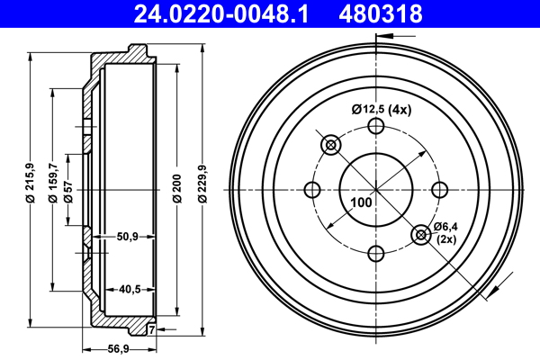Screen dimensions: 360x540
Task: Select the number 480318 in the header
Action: (378, 13)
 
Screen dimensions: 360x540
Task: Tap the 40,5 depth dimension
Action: (127, 289)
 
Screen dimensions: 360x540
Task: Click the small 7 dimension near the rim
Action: (151, 330)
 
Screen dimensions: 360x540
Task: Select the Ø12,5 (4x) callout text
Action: (381, 110)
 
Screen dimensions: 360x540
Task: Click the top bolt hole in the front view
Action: (376, 127)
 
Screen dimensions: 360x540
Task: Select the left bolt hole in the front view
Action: (313, 190)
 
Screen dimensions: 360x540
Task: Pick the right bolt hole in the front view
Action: (439, 190)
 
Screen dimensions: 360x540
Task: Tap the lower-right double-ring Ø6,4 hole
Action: (420, 235)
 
